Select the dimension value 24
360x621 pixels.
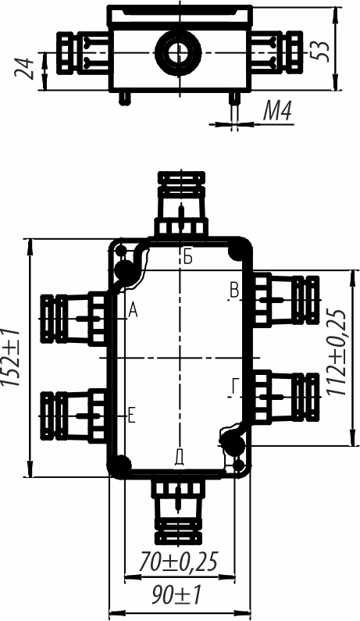23,69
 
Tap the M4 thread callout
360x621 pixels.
277,111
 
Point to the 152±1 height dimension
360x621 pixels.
11,357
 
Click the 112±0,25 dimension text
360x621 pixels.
337,352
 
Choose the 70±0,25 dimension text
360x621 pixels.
179,561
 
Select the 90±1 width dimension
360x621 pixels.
177,595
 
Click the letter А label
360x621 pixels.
133,311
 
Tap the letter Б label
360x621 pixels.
188,258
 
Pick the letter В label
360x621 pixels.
234,291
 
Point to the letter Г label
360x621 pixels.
235,387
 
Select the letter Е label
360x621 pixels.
132,416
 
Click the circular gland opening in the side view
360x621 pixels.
178,52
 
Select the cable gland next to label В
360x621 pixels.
286,300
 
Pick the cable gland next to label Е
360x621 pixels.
73,416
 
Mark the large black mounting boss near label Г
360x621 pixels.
232,443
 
